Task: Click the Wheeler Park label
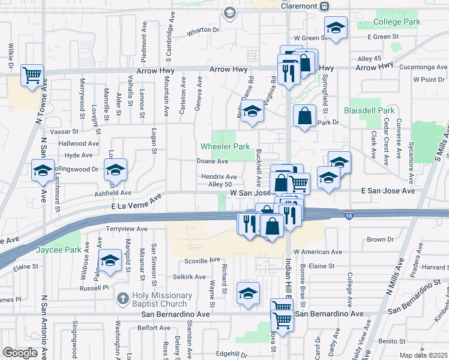pos(224,146)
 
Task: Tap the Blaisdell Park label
pos(370,110)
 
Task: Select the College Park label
pos(397,22)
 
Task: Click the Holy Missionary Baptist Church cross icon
pos(122,298)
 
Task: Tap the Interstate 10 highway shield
pos(349,214)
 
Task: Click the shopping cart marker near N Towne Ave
pos(32,75)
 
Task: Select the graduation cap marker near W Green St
pos(336,27)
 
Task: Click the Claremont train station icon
pos(324,5)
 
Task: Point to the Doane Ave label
pos(212,161)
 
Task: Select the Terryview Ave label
pos(127,229)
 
